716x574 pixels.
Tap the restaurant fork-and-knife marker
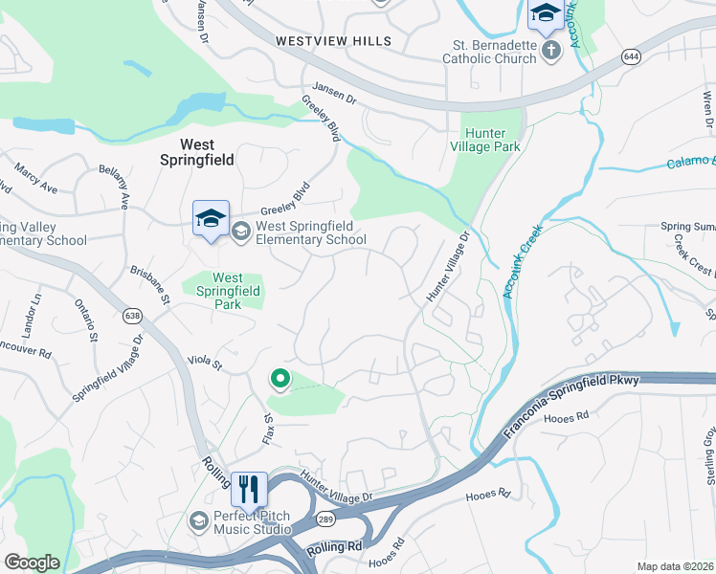249,489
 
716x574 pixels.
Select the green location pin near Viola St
280,379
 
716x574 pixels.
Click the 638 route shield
133,316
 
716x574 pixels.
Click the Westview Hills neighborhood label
333,41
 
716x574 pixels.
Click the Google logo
33,563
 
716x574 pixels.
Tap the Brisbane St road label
150,285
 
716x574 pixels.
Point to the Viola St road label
204,363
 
